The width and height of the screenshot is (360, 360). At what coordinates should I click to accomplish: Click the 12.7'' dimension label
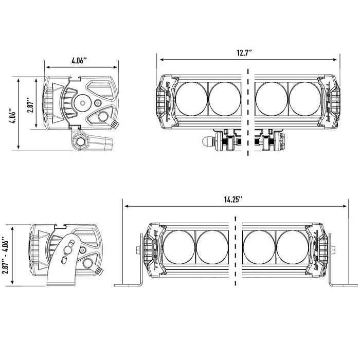coord(244,53)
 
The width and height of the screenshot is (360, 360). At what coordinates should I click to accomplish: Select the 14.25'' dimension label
coord(233,200)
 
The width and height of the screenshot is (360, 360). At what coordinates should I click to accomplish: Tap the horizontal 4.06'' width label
coord(79,61)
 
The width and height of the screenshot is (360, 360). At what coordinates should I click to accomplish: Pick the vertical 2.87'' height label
coord(30,105)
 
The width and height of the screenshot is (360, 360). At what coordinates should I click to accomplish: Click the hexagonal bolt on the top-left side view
coord(80,142)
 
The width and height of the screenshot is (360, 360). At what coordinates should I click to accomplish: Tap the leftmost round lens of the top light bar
coord(192,99)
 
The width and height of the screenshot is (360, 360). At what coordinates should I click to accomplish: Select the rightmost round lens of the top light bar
coord(305,99)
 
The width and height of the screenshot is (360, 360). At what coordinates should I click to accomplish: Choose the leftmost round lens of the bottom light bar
coord(179,247)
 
